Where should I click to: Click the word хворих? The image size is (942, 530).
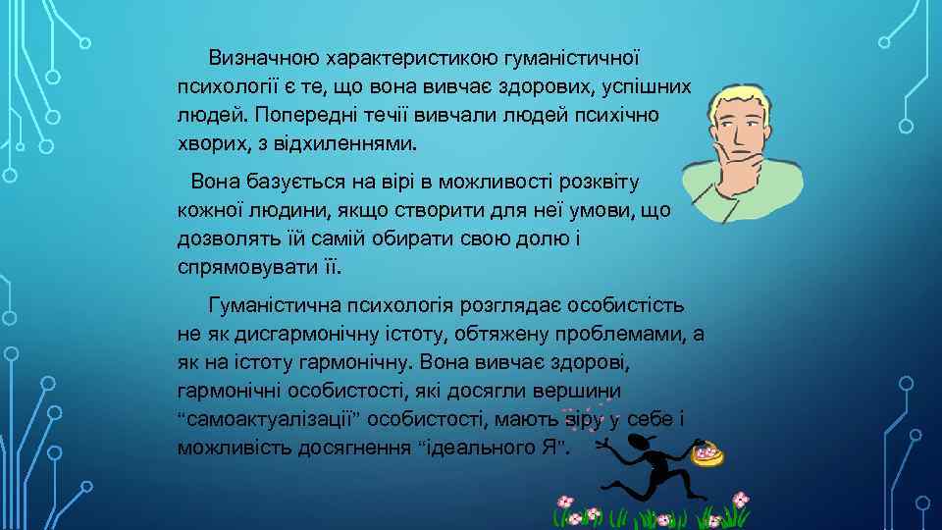click(x=206, y=144)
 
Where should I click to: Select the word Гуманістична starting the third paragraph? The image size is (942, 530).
click(x=276, y=305)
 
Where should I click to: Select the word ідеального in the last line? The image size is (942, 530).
click(x=477, y=449)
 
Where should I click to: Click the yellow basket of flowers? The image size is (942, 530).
click(x=707, y=454)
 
